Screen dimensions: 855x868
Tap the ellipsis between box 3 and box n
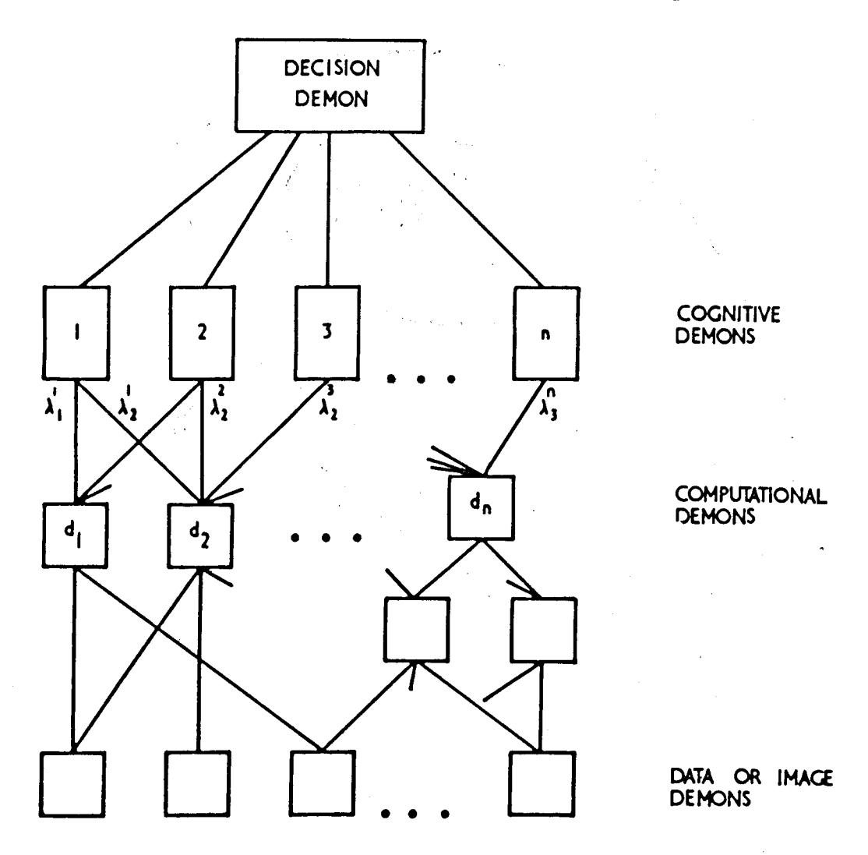(419, 381)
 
